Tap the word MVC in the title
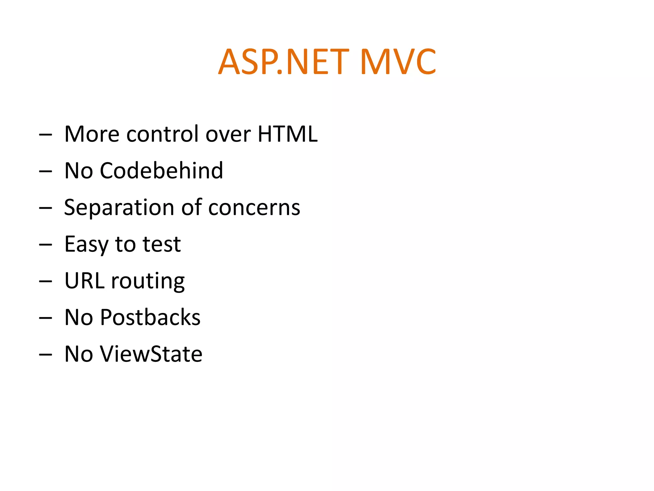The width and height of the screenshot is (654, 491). pos(398,62)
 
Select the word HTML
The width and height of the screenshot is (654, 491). pos(287,134)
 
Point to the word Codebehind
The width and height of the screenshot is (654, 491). pos(161,170)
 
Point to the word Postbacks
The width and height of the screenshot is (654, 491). pos(150,317)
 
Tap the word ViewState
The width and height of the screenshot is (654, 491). pos(151,354)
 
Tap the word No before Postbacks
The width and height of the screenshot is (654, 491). pos(79,317)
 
